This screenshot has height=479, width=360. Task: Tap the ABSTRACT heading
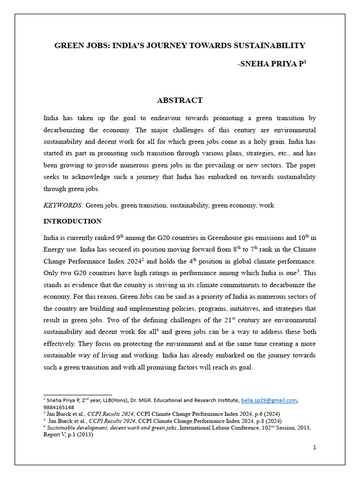(x=180, y=100)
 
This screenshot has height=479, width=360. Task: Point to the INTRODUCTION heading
(x=72, y=221)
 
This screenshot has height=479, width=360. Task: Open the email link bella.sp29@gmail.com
(x=269, y=400)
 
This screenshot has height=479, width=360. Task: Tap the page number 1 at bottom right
(x=315, y=448)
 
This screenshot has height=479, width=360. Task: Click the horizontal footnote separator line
(x=77, y=395)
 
